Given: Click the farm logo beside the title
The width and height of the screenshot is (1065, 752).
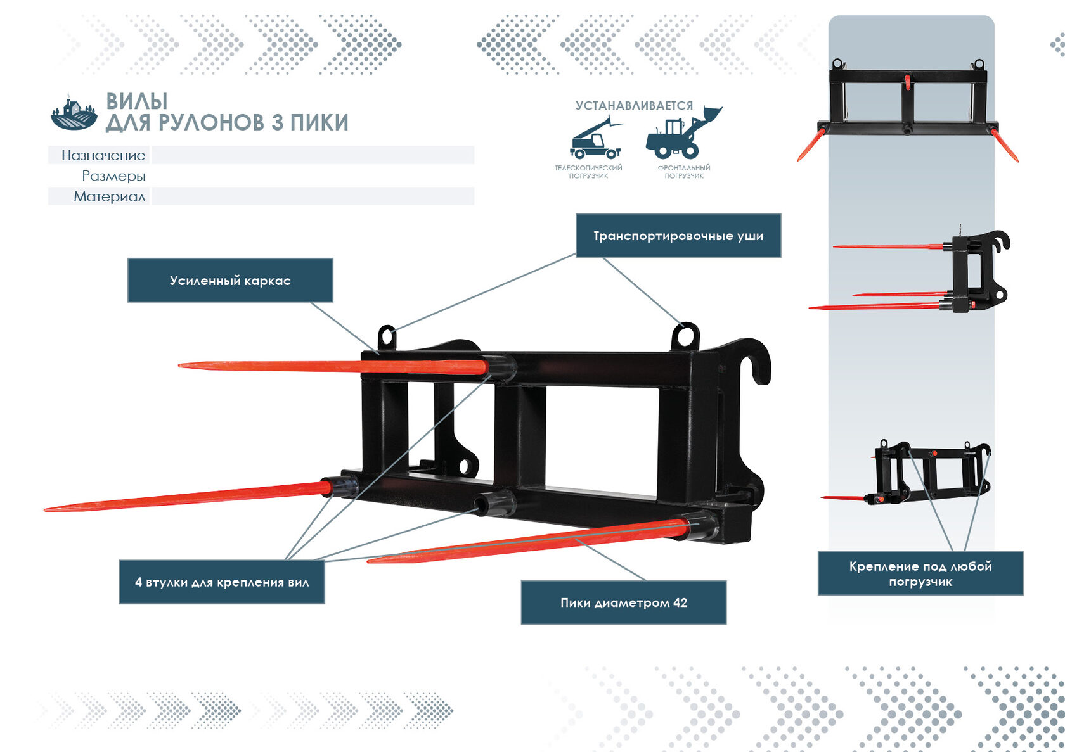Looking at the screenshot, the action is pos(74,112).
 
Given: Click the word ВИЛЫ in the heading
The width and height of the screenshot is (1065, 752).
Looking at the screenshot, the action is pos(137,101).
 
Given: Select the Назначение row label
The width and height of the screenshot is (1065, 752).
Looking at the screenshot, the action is pos(103,155).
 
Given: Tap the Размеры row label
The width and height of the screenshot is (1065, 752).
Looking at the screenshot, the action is pos(113,176).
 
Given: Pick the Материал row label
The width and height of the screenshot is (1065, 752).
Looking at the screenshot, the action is pos(109,196).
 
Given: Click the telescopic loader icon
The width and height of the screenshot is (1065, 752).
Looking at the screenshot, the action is pos(596,138).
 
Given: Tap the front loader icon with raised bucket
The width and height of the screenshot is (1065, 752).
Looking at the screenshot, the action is pos(683,132).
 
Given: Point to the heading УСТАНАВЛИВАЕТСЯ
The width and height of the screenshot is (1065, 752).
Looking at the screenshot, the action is pos(634,105).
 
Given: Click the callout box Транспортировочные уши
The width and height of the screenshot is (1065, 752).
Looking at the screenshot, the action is pos(678,236).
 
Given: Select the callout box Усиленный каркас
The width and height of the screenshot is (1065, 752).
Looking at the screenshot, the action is pos(230,280).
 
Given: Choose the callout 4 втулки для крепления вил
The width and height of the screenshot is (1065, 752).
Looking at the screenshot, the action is pos(222,582).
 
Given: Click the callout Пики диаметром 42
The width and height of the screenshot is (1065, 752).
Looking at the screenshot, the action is pos(624,602).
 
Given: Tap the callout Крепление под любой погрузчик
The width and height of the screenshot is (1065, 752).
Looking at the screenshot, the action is pos(920,573).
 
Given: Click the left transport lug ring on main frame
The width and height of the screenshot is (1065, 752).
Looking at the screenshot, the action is pos(386,328).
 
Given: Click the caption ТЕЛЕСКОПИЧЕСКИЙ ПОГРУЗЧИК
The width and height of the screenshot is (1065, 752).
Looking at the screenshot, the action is pos(588,172).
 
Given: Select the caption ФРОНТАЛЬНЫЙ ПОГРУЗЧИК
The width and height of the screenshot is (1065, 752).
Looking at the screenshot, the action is pos(683,172).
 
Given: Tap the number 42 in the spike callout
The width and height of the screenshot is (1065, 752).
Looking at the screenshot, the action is pos(680,602).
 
